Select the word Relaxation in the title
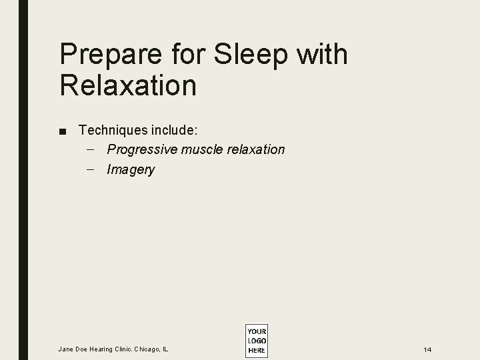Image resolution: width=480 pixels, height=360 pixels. pyautogui.click(x=128, y=85)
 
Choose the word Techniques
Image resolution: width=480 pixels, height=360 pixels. pyautogui.click(x=109, y=129)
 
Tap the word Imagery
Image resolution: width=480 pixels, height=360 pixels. pyautogui.click(x=131, y=170)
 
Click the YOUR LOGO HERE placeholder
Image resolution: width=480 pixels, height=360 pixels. pyautogui.click(x=256, y=341)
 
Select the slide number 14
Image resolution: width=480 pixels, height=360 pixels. pyautogui.click(x=427, y=349)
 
